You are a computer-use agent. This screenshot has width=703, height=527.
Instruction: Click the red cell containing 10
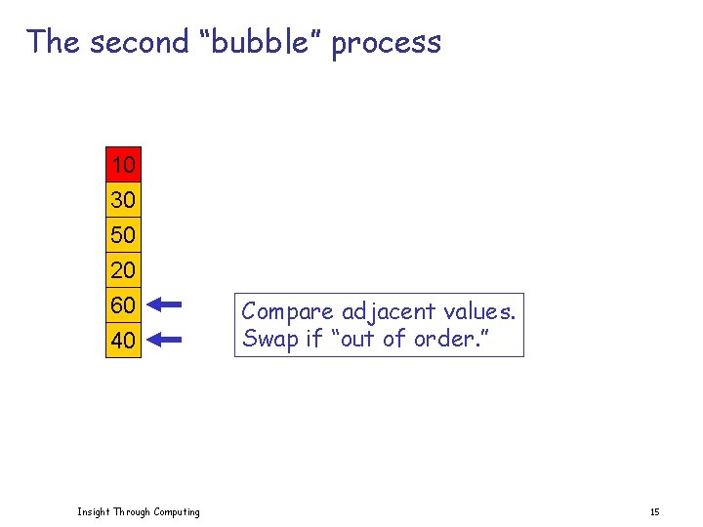(x=123, y=163)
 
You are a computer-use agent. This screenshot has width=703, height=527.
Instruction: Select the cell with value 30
(x=123, y=200)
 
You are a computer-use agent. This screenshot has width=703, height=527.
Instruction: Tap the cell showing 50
(x=123, y=235)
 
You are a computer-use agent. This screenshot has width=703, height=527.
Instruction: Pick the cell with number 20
(x=123, y=269)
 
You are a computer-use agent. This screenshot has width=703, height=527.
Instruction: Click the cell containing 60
(x=123, y=305)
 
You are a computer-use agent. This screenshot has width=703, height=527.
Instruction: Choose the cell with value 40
(x=123, y=341)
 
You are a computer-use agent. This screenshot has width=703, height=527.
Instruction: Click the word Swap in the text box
(x=266, y=339)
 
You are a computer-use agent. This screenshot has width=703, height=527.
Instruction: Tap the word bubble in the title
(x=259, y=42)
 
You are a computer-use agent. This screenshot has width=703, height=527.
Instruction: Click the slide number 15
(x=654, y=511)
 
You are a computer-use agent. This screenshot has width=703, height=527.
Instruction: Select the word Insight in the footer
(x=94, y=511)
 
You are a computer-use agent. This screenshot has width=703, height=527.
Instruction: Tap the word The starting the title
(x=53, y=42)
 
